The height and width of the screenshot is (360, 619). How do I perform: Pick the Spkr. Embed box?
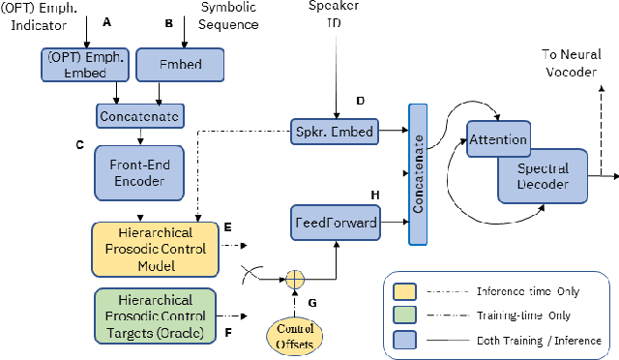pos(335,130)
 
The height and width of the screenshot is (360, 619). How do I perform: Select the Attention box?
pos(497,139)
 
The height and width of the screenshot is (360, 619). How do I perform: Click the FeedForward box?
pos(335,221)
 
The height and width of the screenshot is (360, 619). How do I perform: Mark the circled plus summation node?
pos(294,279)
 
